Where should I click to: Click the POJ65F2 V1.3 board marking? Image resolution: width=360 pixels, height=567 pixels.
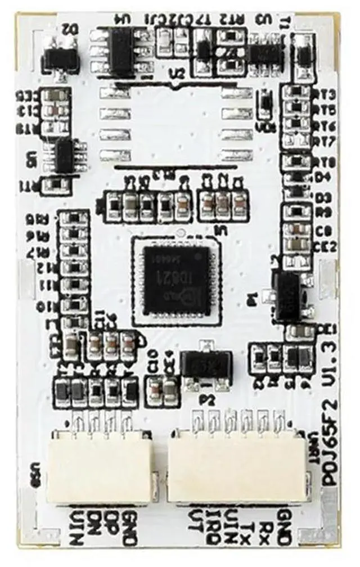[x=331, y=405]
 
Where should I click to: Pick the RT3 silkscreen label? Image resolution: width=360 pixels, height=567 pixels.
[x=327, y=94]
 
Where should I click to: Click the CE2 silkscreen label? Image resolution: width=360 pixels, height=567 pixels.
[x=327, y=247]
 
